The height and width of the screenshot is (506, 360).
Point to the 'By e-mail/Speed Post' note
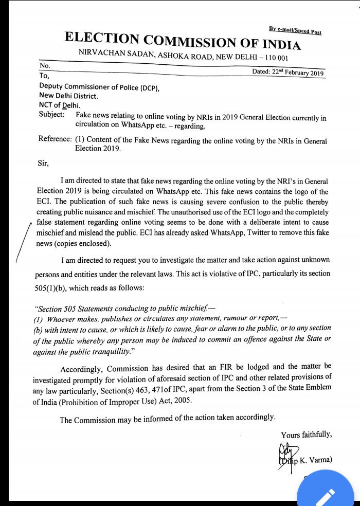click(x=295, y=31)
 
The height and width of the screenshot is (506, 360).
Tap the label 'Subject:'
click(x=51, y=114)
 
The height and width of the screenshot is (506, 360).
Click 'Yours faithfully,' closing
click(x=307, y=435)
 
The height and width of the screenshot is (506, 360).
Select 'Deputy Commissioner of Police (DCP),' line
click(x=99, y=86)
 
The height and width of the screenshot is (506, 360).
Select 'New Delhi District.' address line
click(x=69, y=96)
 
